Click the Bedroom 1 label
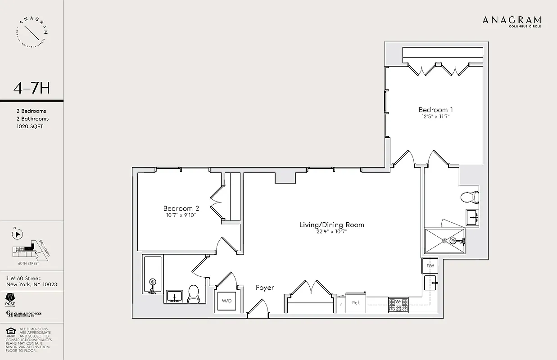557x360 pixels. (x=435, y=110)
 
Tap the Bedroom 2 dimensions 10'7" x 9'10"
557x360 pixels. (x=181, y=215)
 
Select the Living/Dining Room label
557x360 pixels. (x=331, y=225)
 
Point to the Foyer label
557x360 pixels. (x=265, y=288)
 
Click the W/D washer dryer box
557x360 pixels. (x=226, y=301)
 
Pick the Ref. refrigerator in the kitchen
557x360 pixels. (x=356, y=303)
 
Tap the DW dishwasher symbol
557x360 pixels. (x=430, y=266)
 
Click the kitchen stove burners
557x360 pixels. (x=398, y=306)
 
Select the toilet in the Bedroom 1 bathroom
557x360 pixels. (x=469, y=197)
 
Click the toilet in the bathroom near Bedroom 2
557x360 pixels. (x=194, y=294)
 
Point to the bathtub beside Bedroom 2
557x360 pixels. (x=153, y=274)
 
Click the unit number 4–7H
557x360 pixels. (x=32, y=88)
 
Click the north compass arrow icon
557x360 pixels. (x=18, y=234)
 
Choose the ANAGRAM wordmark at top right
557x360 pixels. (x=512, y=20)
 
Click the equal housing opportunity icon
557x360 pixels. (x=10, y=333)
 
